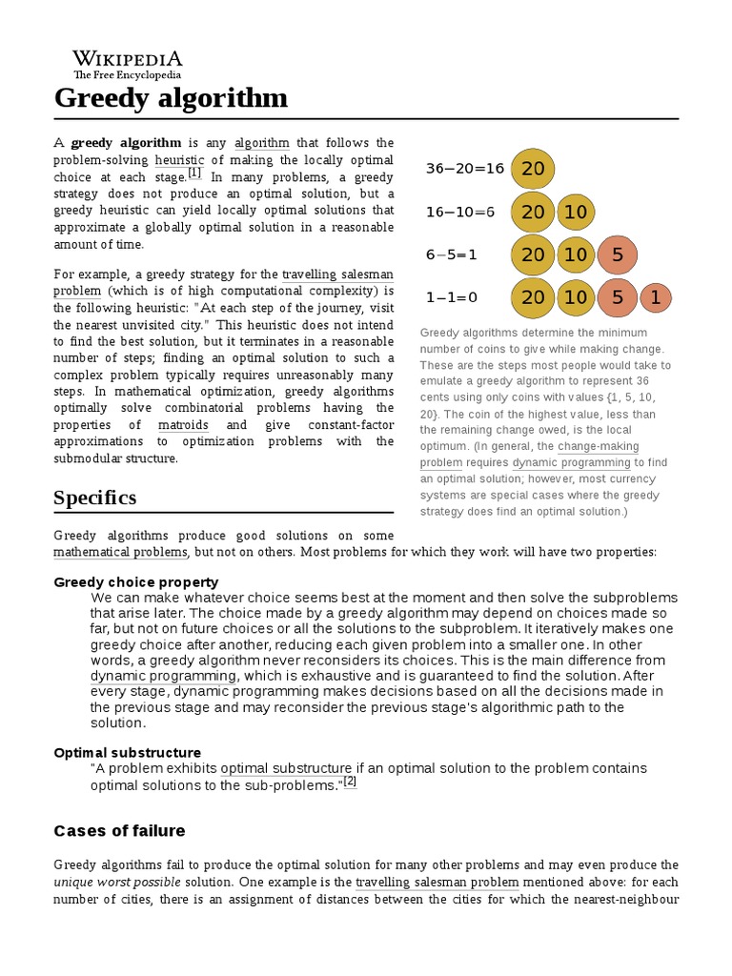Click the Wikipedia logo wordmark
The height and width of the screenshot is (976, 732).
click(128, 58)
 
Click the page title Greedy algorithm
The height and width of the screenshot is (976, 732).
click(171, 98)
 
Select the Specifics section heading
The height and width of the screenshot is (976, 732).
click(95, 498)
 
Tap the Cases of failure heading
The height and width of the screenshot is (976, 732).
click(119, 830)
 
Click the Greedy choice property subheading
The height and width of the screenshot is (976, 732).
click(136, 581)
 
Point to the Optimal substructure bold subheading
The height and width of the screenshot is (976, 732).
click(127, 752)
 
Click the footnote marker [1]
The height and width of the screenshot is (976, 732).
click(194, 173)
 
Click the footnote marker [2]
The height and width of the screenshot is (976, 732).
click(349, 782)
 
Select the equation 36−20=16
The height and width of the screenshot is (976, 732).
click(464, 169)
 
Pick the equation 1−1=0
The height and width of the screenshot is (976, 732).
click(452, 297)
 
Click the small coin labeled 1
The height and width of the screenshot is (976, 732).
click(655, 298)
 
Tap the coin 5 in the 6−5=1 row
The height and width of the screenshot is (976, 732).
click(618, 254)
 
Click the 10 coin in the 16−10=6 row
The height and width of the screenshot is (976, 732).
click(576, 212)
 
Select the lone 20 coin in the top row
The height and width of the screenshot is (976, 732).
click(533, 169)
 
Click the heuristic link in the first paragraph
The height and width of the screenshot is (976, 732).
click(179, 160)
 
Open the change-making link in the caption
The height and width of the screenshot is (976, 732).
click(598, 446)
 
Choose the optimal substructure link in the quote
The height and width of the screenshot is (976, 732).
click(286, 768)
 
